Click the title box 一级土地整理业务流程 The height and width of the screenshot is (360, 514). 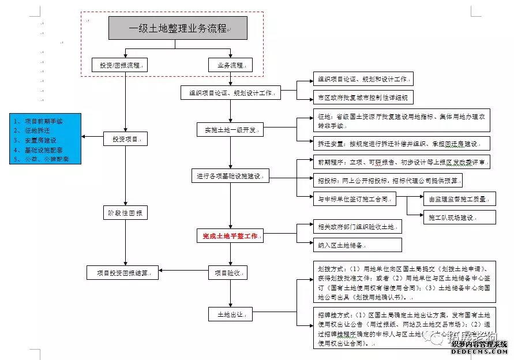pos(178,28)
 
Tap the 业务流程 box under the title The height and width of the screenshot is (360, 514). pos(230,65)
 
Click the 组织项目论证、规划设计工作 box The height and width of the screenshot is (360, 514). pos(231,92)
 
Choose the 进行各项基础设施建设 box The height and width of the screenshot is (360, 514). pos(230,175)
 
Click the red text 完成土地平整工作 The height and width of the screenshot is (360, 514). pos(230,235)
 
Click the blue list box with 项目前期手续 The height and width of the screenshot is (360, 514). pos(45,139)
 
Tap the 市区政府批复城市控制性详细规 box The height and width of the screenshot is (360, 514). pos(362,97)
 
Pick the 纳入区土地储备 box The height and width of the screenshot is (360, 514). pos(357,245)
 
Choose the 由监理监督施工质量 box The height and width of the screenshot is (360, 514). pos(459,199)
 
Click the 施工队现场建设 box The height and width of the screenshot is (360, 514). pos(459,217)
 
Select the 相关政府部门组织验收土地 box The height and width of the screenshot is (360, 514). pos(357,227)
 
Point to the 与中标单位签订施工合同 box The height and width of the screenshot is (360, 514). pos(354,199)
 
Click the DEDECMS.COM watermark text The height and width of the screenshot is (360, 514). pos(479,351)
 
